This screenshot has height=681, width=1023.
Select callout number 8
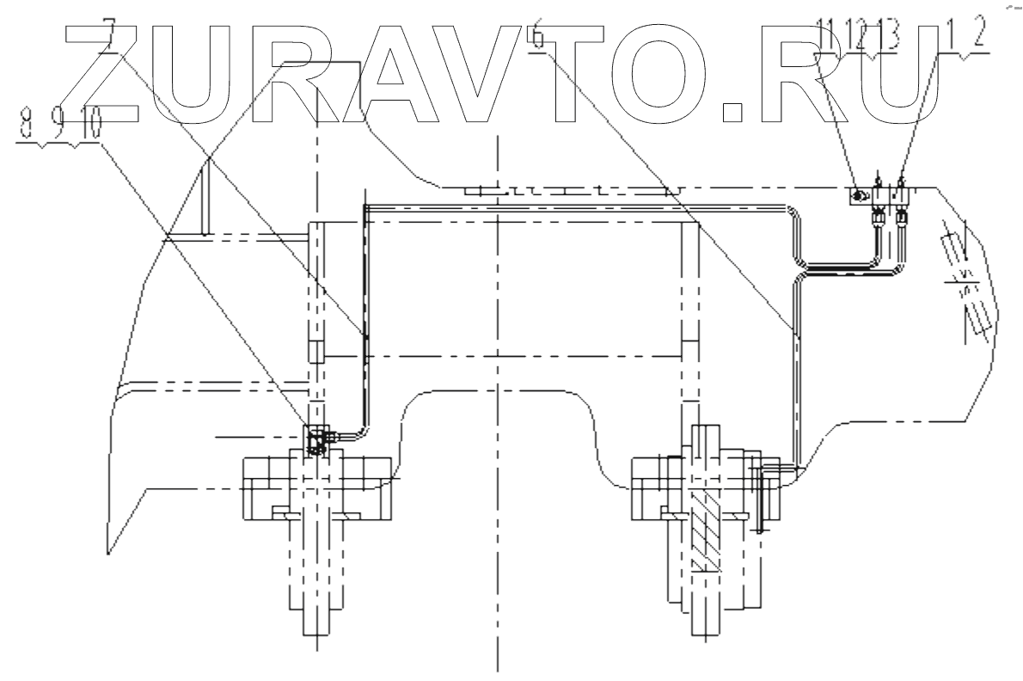pyautogui.click(x=27, y=129)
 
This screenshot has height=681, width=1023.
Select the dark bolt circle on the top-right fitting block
pyautogui.click(x=859, y=198)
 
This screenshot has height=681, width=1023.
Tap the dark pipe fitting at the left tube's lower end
pyautogui.click(x=315, y=441)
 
